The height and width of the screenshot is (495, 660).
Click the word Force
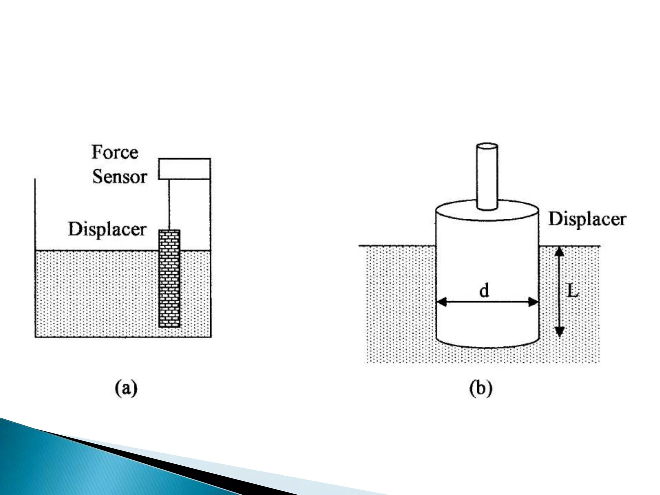(115, 152)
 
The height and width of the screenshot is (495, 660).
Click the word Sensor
(120, 177)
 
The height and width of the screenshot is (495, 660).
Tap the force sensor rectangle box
(184, 169)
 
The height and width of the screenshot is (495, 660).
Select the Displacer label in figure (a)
(107, 229)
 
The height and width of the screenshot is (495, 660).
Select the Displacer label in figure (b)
(587, 219)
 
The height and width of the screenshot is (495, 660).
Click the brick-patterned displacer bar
(170, 279)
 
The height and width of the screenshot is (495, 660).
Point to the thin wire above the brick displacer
(169, 205)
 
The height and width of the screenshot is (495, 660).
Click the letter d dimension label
(484, 291)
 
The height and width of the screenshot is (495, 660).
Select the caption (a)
(126, 389)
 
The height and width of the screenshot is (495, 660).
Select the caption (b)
(480, 389)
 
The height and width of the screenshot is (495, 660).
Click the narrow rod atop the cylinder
(487, 180)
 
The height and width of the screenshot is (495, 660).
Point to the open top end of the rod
(487, 147)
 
